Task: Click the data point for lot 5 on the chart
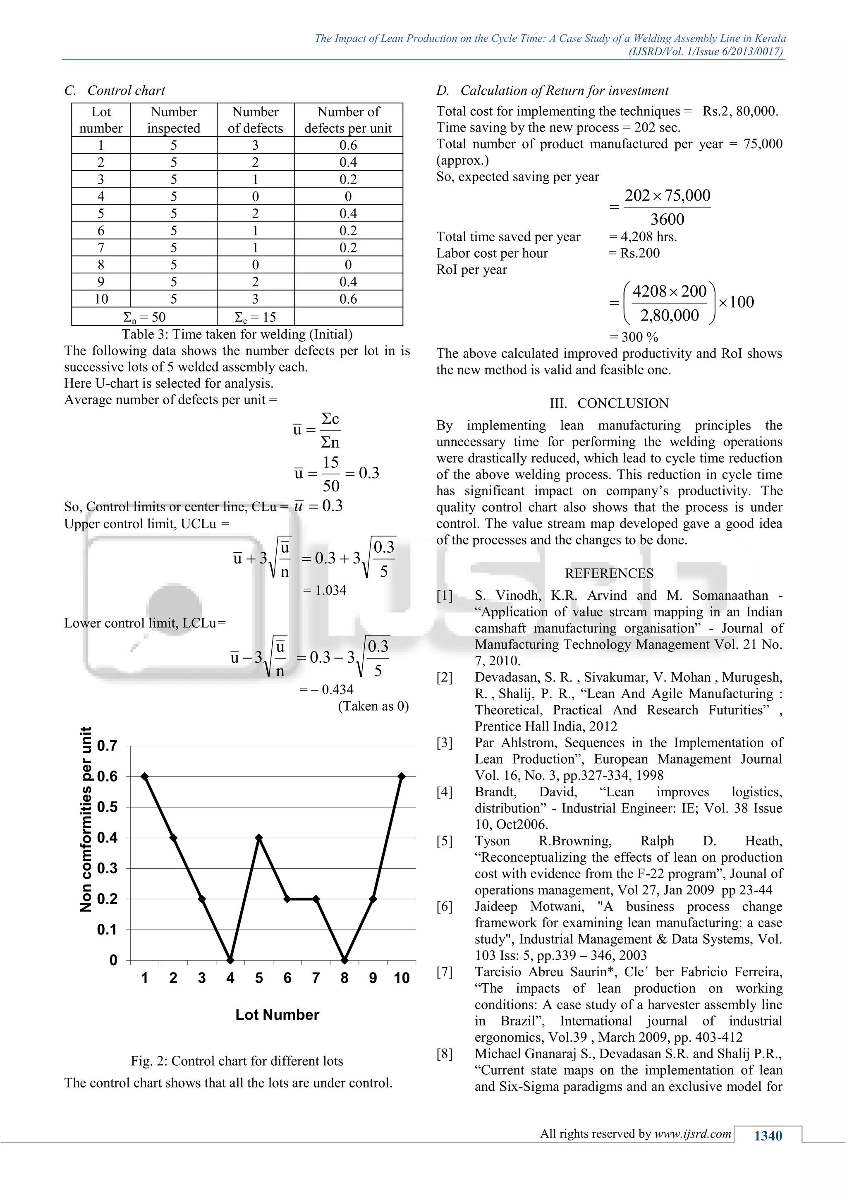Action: [x=258, y=837]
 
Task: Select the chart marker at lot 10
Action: [x=401, y=776]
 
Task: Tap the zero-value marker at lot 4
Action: [x=230, y=960]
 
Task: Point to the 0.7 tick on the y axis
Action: [x=108, y=745]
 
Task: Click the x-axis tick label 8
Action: [x=344, y=978]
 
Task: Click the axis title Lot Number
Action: [x=277, y=1015]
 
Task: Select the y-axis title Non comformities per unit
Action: [x=86, y=819]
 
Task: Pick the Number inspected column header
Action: [x=174, y=120]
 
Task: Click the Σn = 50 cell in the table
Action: [x=144, y=317]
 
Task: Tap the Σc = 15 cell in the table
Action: [x=255, y=317]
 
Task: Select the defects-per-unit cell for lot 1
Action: [x=348, y=145]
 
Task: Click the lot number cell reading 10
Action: [x=101, y=299]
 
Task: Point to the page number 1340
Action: [x=768, y=1136]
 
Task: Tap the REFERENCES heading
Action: [x=609, y=573]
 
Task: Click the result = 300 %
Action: [x=634, y=337]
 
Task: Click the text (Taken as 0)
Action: [x=373, y=706]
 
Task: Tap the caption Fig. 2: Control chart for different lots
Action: [x=237, y=1061]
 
